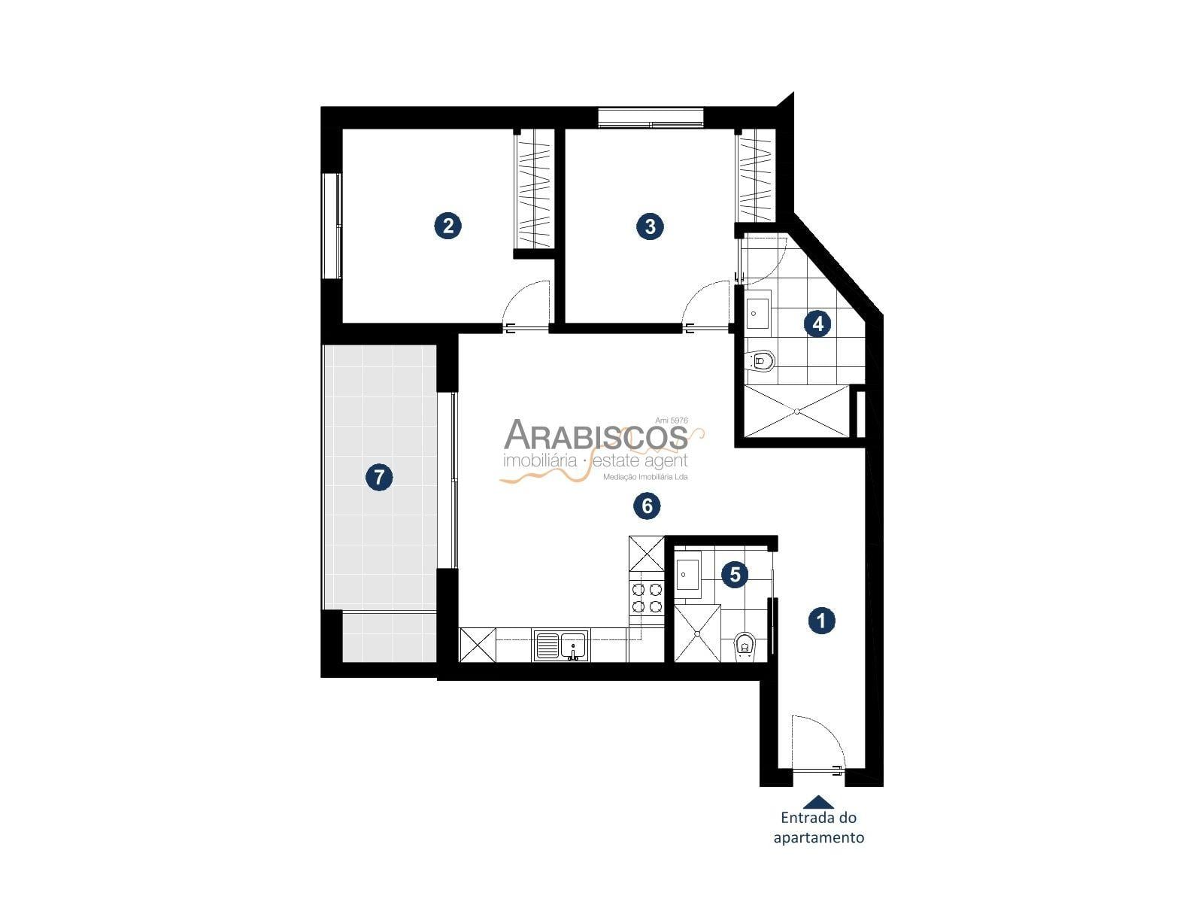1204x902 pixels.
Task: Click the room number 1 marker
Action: click(x=820, y=621)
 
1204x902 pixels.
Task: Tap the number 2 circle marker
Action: click(x=447, y=226)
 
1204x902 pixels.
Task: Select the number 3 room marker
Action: click(x=650, y=226)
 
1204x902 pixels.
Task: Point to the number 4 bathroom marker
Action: click(x=817, y=323)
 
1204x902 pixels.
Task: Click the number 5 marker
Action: click(x=735, y=575)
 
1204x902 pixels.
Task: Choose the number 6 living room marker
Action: click(x=647, y=506)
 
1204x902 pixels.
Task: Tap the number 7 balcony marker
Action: click(x=379, y=477)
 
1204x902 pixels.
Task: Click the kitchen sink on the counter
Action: click(x=560, y=645)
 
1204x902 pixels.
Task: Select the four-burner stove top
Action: click(x=647, y=597)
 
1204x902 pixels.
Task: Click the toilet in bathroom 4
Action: click(x=761, y=360)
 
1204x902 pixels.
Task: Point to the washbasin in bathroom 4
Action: click(x=758, y=310)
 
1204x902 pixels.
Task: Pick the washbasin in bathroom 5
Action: click(x=687, y=575)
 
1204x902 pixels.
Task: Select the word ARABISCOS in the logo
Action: click(x=595, y=436)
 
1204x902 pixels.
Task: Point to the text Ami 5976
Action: click(x=672, y=421)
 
